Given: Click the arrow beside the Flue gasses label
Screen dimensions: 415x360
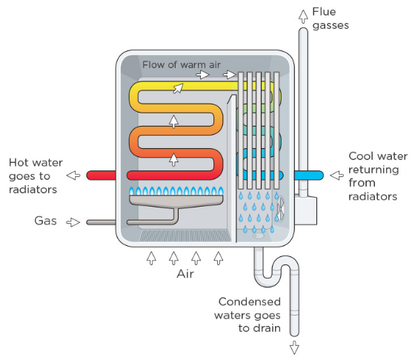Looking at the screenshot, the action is [303, 16].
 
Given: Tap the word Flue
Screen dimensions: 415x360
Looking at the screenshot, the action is [324, 12].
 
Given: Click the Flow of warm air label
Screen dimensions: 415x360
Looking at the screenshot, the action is [182, 64].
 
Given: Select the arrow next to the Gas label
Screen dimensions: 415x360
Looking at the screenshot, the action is [73, 222].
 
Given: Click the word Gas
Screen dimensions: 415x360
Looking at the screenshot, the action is [45, 221].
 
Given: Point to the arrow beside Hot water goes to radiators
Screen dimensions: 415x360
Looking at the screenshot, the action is [73, 175].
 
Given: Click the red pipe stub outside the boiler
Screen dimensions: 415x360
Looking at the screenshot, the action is [101, 176].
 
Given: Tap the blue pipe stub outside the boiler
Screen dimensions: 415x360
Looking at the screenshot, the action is [309, 176].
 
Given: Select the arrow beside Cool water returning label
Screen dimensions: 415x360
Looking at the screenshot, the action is [337, 175].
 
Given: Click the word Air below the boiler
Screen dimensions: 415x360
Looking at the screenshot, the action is [185, 274].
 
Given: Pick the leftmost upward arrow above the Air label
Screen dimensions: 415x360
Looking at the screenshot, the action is [151, 259].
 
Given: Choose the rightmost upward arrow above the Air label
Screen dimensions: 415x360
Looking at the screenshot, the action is [219, 259].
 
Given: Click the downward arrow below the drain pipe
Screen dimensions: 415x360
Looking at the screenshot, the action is [294, 347].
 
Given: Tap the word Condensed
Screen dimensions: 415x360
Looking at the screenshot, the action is [250, 301].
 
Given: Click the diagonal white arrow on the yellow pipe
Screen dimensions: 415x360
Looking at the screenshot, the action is [178, 88].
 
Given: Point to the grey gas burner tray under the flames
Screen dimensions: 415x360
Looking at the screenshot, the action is [176, 201].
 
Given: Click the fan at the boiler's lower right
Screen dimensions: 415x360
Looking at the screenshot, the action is [281, 209].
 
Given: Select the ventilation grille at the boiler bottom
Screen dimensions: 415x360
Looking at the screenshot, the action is [185, 236].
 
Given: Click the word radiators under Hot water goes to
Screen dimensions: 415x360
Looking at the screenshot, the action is [33, 190].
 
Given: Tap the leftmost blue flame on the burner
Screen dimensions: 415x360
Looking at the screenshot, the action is [132, 191].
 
